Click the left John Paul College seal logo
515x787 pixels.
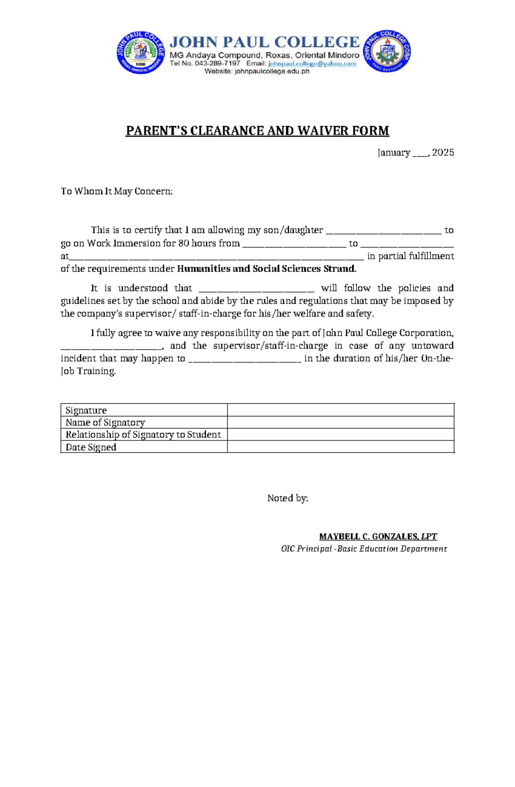[x=140, y=52]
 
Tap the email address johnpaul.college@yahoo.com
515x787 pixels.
[x=312, y=63]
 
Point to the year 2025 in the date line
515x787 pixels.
[x=443, y=153]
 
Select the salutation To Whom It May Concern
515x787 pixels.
[x=116, y=191]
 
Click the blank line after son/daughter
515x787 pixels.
[x=384, y=232]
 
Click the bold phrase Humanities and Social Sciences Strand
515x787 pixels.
[x=267, y=269]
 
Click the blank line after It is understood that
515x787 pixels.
[x=257, y=290]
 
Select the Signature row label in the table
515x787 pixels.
[x=86, y=410]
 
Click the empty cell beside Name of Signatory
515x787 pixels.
[x=340, y=422]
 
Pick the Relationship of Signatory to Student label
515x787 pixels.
[x=143, y=434]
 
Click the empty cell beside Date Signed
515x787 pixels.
[x=340, y=447]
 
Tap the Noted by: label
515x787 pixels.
[x=288, y=498]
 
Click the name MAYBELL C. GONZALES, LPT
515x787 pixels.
[x=378, y=537]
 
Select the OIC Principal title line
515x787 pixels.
[x=364, y=549]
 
